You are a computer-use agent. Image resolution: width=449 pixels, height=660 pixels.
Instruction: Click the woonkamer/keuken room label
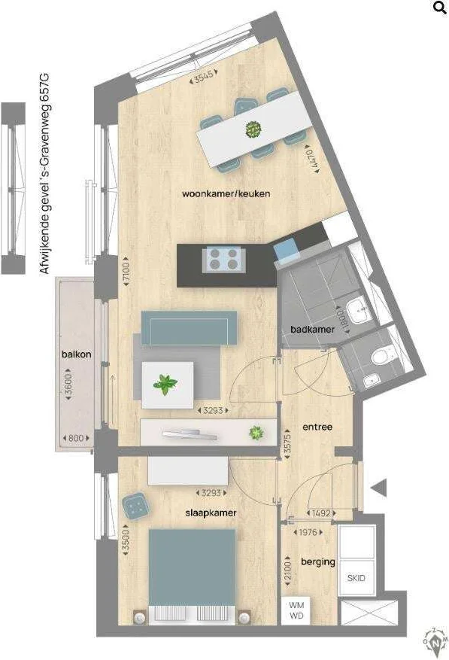(226, 193)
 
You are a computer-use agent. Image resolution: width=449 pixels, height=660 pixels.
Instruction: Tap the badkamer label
(313, 330)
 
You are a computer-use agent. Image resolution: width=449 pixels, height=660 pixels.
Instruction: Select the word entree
(317, 427)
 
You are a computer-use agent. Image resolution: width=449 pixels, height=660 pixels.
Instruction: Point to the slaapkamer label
(211, 512)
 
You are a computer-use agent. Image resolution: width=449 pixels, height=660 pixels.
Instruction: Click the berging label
(317, 561)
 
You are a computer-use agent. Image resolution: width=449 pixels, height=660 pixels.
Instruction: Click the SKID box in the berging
(356, 579)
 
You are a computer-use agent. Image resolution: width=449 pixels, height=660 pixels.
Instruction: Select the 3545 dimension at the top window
(204, 76)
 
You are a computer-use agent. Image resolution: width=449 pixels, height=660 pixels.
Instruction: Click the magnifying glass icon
(439, 8)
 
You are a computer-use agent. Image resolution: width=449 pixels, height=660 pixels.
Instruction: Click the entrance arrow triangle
(379, 488)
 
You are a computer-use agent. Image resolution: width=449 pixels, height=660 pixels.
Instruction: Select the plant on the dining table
(251, 129)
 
